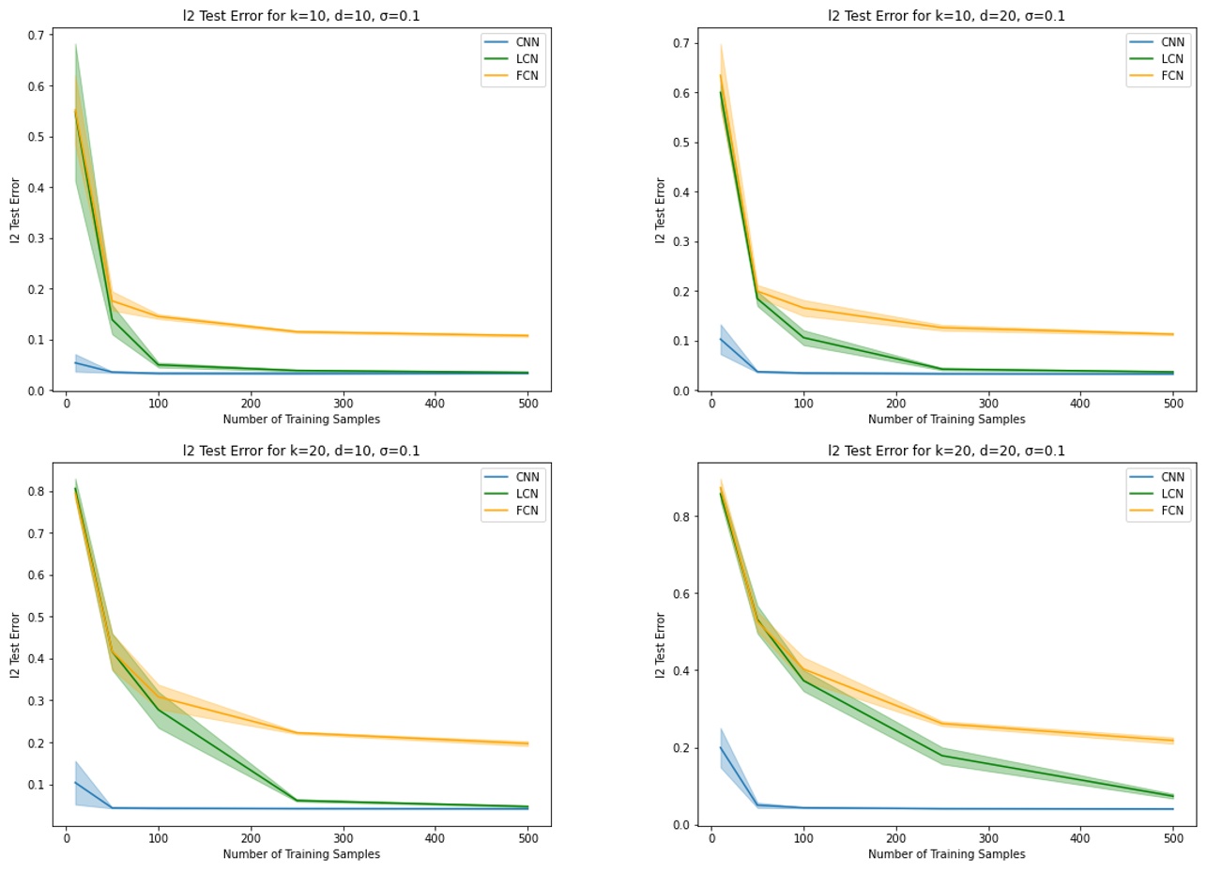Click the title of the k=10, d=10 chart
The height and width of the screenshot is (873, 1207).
click(x=301, y=15)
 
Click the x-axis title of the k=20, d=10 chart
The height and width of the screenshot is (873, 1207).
click(x=301, y=854)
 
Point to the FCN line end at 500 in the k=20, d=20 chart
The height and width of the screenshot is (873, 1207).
click(x=1172, y=741)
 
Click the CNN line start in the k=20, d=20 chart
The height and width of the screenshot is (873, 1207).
click(x=721, y=747)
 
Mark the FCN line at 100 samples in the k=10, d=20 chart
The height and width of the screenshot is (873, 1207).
click(x=803, y=308)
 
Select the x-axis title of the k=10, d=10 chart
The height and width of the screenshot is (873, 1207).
click(x=301, y=419)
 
